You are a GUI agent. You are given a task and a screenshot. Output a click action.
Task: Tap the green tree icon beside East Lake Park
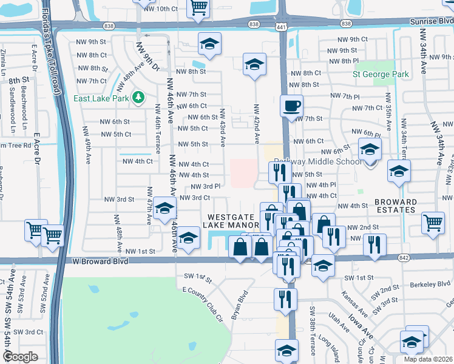139,97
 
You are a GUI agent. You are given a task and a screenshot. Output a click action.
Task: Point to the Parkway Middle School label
317,162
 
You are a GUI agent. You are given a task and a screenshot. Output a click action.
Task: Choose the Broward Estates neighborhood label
395,206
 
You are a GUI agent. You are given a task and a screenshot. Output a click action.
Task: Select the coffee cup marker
291,106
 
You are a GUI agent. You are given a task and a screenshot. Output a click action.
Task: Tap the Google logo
20,357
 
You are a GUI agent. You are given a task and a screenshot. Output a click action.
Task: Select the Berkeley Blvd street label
430,283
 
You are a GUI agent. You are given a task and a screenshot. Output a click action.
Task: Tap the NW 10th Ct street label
160,9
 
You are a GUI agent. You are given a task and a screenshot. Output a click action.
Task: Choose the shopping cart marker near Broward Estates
432,223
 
